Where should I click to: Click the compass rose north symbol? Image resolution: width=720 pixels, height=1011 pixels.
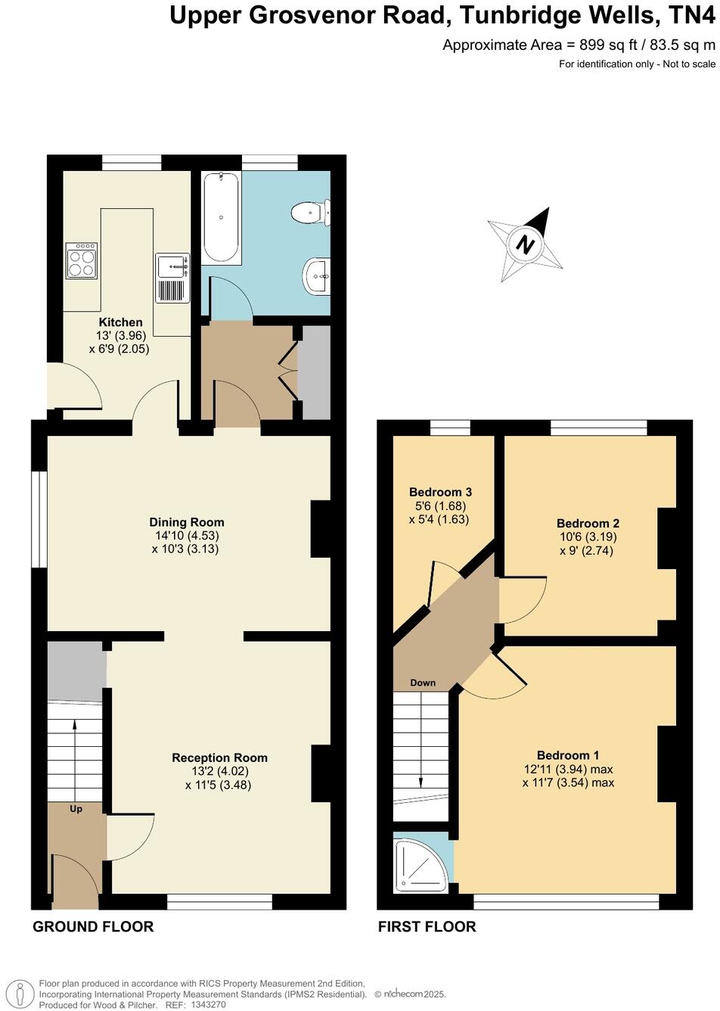526,244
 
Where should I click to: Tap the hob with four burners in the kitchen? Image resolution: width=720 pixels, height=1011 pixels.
81,260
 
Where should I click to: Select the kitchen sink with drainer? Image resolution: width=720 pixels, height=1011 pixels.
172,278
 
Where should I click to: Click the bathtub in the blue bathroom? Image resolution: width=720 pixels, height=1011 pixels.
221,217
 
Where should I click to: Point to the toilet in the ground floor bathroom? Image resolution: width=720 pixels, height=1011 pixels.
312,212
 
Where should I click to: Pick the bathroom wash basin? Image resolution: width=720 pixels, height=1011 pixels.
317,277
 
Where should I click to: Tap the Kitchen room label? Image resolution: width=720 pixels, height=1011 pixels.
120,322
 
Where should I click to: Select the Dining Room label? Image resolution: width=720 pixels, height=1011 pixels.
187,522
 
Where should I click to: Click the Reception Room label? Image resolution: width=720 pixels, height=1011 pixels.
219,757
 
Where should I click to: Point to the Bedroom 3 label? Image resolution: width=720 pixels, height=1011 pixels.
440,492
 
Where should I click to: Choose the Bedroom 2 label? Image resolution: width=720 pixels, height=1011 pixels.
588,523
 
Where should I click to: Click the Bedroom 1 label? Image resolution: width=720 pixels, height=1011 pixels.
568,755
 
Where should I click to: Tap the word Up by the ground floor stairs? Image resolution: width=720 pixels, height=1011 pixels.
76,809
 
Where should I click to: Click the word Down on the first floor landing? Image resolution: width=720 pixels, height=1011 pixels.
423,683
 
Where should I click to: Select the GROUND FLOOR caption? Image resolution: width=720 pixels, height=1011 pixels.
93,926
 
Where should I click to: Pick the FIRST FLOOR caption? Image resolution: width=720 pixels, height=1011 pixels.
427,926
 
